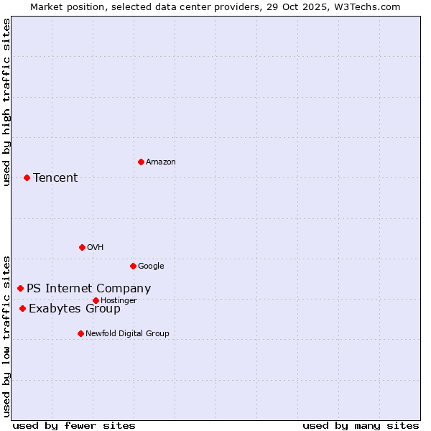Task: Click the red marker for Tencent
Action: (27, 177)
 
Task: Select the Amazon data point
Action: (141, 162)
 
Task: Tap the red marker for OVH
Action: (82, 247)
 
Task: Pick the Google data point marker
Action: (133, 266)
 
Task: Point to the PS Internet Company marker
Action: (20, 288)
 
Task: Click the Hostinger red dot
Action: (96, 300)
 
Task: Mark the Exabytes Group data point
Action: (22, 308)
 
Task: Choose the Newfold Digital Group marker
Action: (80, 333)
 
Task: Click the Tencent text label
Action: (55, 177)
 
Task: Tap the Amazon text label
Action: (161, 162)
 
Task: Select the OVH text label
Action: (96, 247)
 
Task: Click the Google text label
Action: (151, 266)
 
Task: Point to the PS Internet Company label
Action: (88, 288)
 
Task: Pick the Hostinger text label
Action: (119, 300)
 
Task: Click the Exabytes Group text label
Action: (75, 308)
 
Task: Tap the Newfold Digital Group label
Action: (127, 333)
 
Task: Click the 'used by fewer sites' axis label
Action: (74, 425)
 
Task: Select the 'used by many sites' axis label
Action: (361, 425)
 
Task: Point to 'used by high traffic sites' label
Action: (6, 102)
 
